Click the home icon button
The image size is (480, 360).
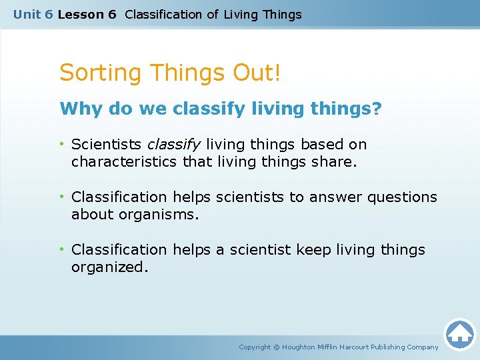coord(459,334)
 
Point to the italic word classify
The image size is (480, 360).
coord(174,145)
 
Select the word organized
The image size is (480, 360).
coord(108,267)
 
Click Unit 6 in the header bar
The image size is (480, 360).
coord(33,14)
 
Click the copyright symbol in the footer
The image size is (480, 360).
coord(277,347)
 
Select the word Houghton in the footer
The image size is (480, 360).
coord(299,347)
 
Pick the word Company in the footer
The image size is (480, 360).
coord(423,347)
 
